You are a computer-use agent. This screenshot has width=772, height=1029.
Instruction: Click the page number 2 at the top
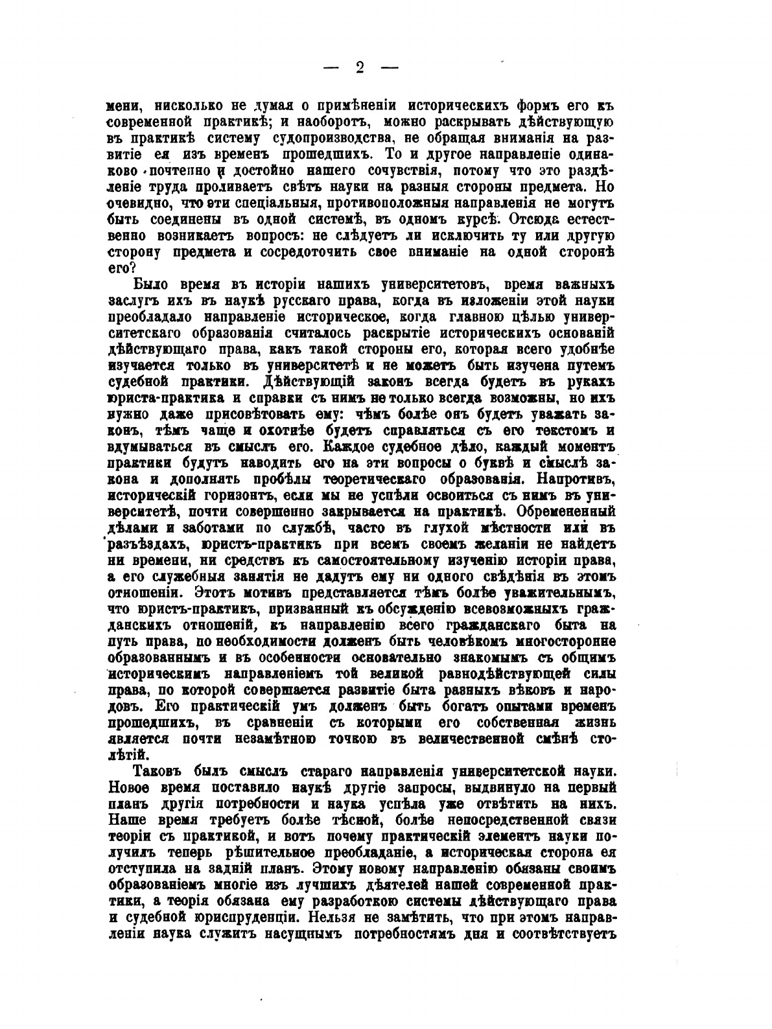click(x=360, y=67)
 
